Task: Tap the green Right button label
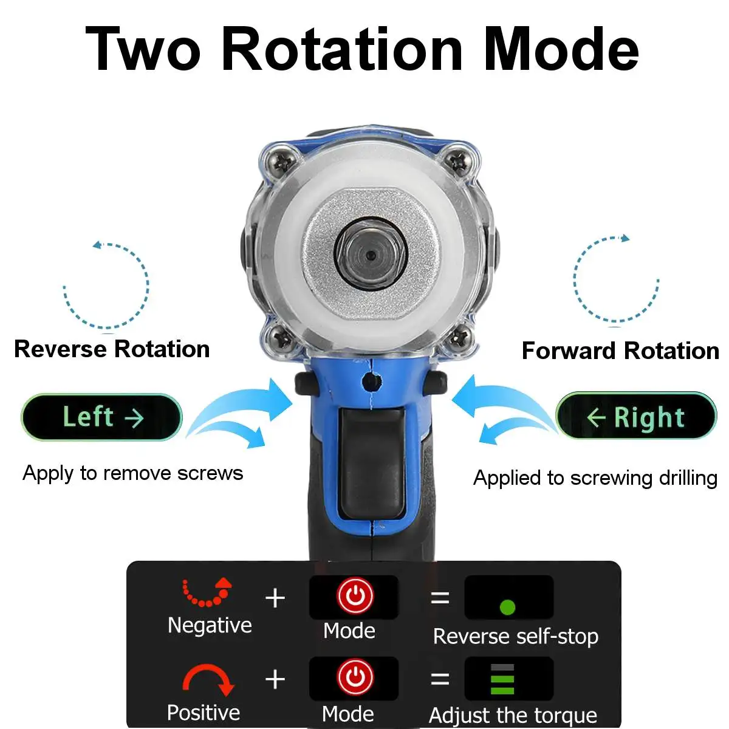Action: coord(636,417)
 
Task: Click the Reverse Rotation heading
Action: coord(112,349)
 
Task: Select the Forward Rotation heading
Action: coord(620,351)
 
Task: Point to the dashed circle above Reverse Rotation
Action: coord(106,286)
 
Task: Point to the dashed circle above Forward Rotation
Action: coord(616,279)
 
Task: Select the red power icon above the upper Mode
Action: coord(355,595)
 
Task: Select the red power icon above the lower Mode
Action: coord(355,677)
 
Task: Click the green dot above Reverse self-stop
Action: coord(507,606)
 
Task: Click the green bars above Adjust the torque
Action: coord(502,679)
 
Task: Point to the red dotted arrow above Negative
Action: coord(207,592)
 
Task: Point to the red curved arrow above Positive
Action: coord(208,679)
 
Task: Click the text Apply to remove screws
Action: coord(132,473)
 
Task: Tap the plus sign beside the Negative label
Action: coord(275,598)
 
